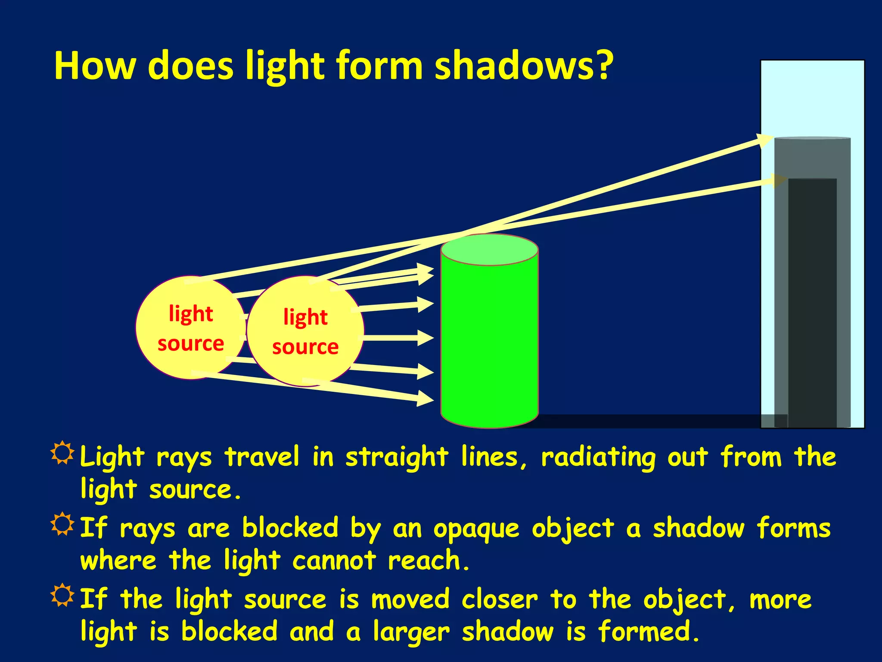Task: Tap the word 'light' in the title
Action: click(x=285, y=67)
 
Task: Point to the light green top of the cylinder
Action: click(x=489, y=250)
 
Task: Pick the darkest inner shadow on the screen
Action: click(x=812, y=302)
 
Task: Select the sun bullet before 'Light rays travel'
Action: click(x=62, y=453)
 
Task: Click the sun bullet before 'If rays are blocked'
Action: click(x=62, y=524)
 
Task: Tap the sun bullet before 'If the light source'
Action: click(x=62, y=595)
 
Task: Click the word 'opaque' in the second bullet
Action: click(x=476, y=529)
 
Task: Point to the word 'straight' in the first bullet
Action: click(x=397, y=458)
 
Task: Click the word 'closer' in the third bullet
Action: click(x=500, y=600)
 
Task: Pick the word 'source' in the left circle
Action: click(x=191, y=344)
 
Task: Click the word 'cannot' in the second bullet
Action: click(x=334, y=561)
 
